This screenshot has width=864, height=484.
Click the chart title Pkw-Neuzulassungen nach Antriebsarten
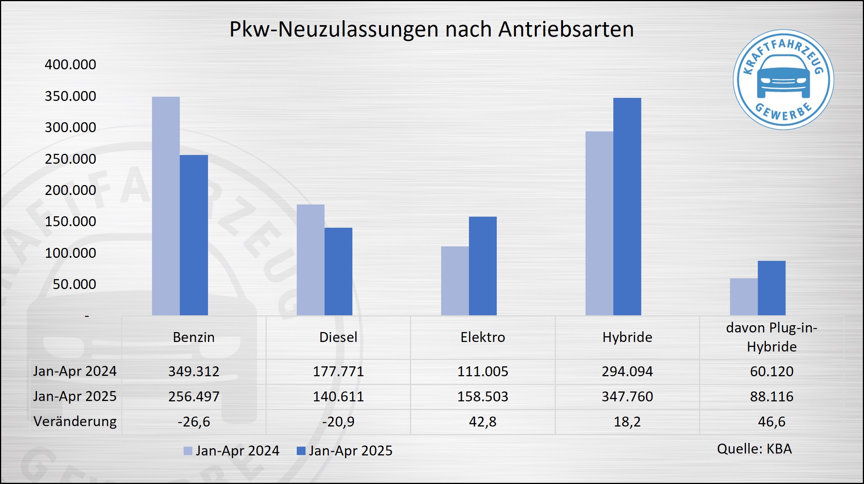pos(432,29)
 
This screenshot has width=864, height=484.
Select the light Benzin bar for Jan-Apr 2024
pos(166,206)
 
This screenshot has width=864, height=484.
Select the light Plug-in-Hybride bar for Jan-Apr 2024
pos(744,297)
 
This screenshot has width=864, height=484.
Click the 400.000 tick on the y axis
pos(70,64)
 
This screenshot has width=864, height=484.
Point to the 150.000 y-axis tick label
pos(70,221)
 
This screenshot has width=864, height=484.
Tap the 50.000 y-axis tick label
pos(74,284)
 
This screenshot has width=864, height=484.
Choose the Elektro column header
pos(483,337)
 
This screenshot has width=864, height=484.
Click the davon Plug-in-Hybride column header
pos(771,337)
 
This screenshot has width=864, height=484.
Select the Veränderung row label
pos(75,422)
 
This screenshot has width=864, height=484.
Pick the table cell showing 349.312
pos(194,371)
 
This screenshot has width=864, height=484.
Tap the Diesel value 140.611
pos(338,396)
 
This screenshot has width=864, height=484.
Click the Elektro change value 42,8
pos(483,422)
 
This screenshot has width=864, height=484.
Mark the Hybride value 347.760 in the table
pos(627,396)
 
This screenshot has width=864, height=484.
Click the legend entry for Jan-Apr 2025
pos(345,451)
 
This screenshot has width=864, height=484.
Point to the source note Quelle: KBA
pos(754,449)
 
